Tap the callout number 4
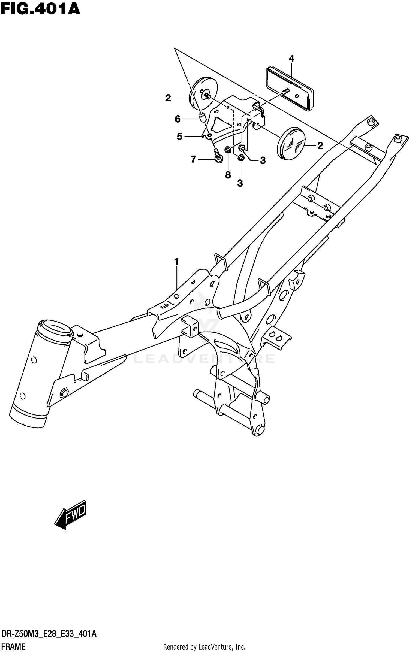(291, 59)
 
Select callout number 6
(178, 119)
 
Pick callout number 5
(179, 136)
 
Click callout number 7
(193, 159)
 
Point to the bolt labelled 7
(218, 157)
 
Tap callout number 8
(228, 175)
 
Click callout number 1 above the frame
(176, 262)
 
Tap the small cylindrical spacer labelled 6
(202, 118)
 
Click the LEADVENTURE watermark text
(204, 359)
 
